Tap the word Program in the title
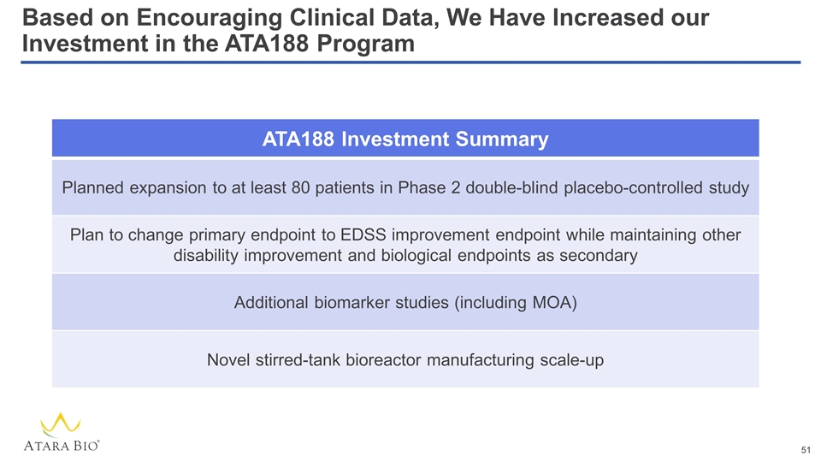pos(365,44)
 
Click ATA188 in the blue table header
pos(298,139)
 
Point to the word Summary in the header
pos(502,140)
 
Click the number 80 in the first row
pos(300,188)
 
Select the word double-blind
pos(511,188)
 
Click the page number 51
pos(806,450)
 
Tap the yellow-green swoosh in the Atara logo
pos(60,424)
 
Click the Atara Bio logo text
pos(62,446)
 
